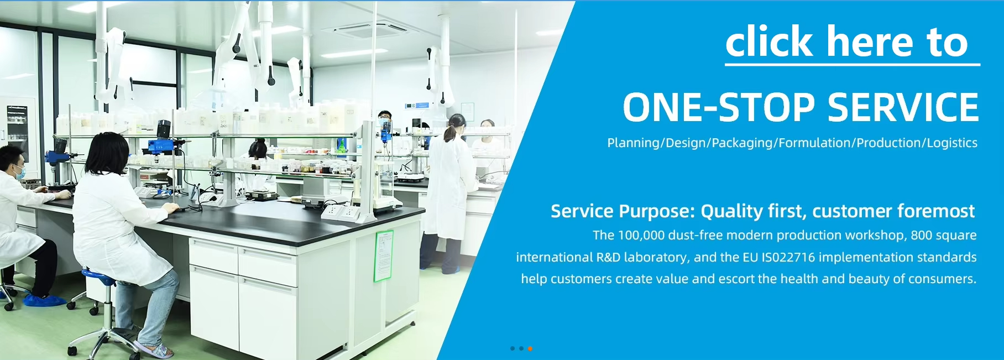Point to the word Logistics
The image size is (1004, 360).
coord(952,143)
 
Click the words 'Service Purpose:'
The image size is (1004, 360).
coord(623,211)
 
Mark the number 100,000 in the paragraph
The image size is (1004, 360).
coord(641,236)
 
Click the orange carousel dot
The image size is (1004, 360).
coord(530,348)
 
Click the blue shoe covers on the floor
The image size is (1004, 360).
coord(44,300)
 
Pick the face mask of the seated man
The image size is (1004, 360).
coord(20,172)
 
